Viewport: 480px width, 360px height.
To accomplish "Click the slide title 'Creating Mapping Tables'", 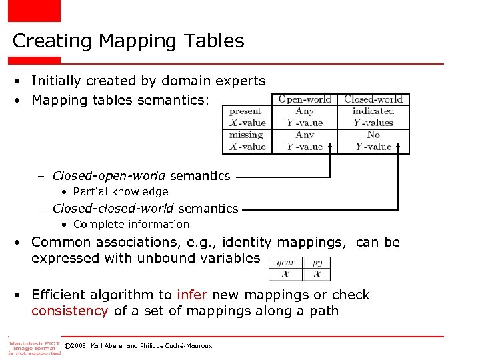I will pos(129,41).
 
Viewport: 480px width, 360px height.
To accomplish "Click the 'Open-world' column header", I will pos(305,99).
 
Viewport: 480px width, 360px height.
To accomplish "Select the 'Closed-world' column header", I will pos(373,99).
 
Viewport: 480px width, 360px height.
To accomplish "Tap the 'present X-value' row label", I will pos(247,117).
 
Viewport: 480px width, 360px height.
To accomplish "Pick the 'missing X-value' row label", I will pos(247,141).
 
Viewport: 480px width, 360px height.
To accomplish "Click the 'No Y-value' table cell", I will pos(373,141).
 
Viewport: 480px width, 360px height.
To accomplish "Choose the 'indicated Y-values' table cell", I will pos(373,117).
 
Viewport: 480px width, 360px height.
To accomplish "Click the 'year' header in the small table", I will pos(285,263).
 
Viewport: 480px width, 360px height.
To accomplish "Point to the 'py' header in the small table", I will pos(317,263).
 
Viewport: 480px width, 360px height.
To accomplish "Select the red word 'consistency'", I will pos(69,311).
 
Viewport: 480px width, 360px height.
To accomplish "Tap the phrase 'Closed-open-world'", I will pos(109,176).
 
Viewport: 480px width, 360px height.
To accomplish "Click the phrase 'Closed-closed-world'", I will pos(113,209).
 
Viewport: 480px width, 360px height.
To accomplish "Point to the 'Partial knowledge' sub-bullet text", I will pos(121,192).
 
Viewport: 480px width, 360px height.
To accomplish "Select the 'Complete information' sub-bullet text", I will pos(131,225).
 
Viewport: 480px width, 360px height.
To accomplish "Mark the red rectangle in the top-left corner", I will pos(34,11).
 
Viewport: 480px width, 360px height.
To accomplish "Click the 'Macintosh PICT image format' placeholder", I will pos(34,345).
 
